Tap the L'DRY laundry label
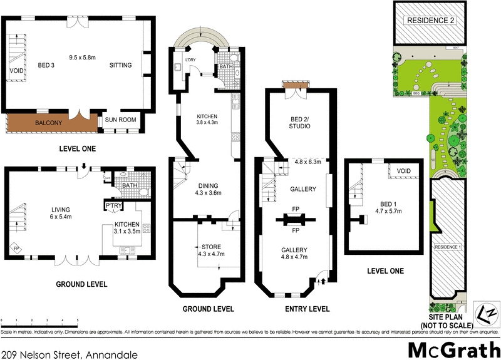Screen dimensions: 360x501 click(x=191, y=60)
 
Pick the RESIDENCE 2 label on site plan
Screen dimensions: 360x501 click(x=431, y=20)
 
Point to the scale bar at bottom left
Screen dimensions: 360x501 click(x=39, y=320)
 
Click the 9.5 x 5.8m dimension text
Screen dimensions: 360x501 click(x=82, y=57)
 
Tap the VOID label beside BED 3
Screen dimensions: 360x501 click(x=15, y=71)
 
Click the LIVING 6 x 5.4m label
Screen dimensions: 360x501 click(x=61, y=213)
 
